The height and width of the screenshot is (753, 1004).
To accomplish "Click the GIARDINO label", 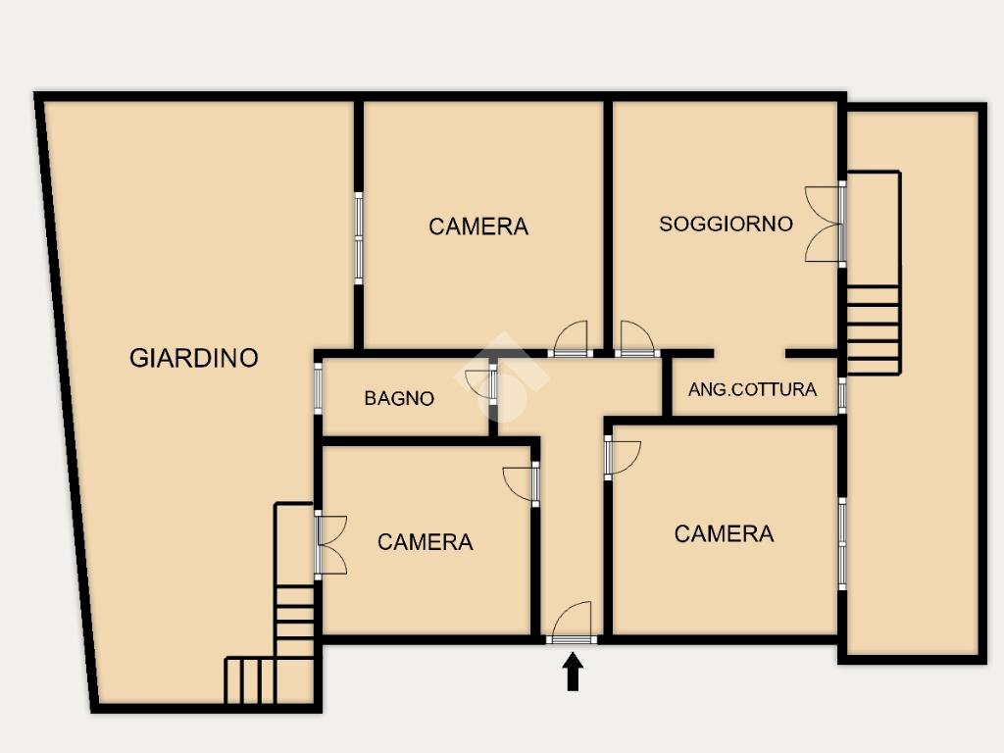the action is tap(194, 357).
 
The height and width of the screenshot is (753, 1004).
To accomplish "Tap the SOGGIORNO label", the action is tap(727, 224).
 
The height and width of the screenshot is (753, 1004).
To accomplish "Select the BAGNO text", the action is tap(399, 398).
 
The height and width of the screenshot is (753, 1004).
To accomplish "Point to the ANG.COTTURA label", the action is tap(752, 389).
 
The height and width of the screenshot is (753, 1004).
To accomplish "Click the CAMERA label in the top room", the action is tap(478, 226).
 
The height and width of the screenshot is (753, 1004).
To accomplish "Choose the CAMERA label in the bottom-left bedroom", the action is tap(426, 542).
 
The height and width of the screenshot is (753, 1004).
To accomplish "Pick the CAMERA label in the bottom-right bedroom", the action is tap(725, 534).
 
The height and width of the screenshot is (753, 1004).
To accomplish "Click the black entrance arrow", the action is tap(573, 671).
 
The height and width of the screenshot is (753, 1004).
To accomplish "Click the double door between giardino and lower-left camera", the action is tap(330, 545).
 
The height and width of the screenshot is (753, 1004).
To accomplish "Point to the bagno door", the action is tap(481, 383).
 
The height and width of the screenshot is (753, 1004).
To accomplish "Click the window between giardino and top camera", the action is tap(359, 238).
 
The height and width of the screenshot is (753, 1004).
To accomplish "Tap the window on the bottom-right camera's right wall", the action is tap(842, 544).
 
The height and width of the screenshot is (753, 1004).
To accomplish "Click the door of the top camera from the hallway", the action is tap(571, 339).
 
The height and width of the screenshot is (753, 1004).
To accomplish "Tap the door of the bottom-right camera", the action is tap(622, 457).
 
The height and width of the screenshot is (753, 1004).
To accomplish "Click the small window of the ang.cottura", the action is tap(842, 395).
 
